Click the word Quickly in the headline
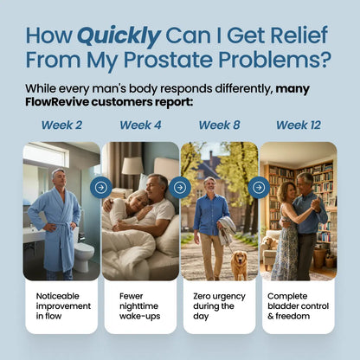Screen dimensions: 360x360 (119, 35)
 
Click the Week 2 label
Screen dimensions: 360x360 (61, 125)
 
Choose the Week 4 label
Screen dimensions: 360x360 (140, 125)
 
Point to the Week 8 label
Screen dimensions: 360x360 (219, 125)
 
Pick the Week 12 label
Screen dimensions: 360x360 (298, 125)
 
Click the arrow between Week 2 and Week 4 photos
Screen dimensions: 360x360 (100, 187)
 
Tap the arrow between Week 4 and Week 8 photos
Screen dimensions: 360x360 (179, 187)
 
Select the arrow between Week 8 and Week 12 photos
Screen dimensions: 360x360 (258, 187)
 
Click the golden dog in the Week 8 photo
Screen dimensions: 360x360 (239, 263)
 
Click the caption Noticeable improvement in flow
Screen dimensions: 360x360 (60, 306)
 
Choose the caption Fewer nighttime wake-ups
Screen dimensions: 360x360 (138, 306)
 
